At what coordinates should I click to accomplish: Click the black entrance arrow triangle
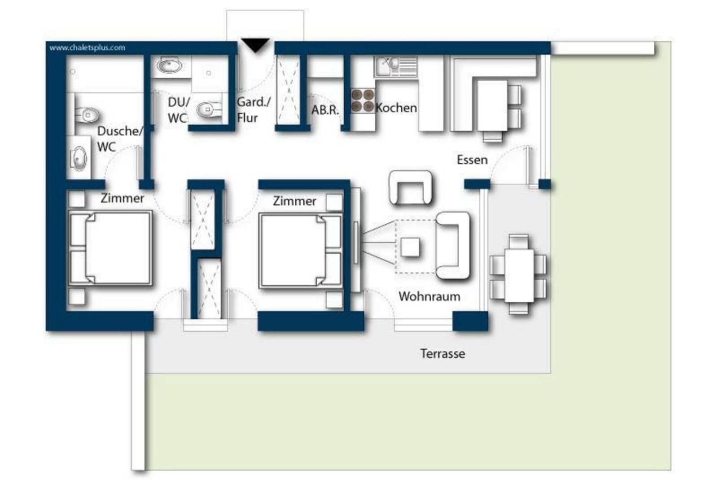tap(255, 45)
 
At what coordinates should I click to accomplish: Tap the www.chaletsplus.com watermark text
tap(87, 48)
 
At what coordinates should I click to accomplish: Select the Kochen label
tap(396, 108)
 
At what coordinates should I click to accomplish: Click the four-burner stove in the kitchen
tap(363, 100)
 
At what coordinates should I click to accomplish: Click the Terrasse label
tap(442, 353)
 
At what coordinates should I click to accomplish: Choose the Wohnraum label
tap(429, 296)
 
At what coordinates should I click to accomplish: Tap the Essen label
tap(472, 160)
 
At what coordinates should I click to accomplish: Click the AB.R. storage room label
tap(325, 110)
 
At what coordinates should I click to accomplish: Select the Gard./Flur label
tap(254, 110)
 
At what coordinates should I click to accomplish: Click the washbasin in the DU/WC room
tap(169, 65)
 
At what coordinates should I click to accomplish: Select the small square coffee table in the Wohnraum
tap(410, 247)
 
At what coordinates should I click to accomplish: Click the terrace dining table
tap(519, 276)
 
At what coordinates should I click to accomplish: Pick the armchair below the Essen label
tap(411, 188)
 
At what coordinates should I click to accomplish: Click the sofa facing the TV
tap(453, 246)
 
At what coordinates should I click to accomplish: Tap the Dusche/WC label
tap(119, 139)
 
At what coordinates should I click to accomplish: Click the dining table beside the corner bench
tap(492, 106)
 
